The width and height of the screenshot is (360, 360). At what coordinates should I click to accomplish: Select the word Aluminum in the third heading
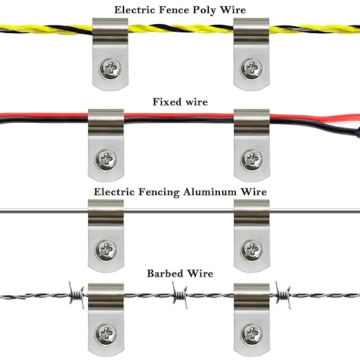(x=210, y=192)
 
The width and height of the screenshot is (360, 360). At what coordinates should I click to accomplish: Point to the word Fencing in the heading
(x=159, y=192)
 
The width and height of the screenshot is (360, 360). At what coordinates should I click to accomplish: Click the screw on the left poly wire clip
(x=110, y=68)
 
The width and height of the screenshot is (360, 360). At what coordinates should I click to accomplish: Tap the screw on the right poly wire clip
(x=252, y=68)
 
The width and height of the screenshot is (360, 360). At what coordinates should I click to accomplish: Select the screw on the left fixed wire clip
(x=106, y=160)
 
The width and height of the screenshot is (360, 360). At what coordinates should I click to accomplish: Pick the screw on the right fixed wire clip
(x=252, y=160)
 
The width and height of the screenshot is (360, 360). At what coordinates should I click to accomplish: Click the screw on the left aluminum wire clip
(x=106, y=250)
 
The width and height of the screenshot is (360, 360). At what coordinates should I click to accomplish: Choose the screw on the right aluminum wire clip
(x=252, y=250)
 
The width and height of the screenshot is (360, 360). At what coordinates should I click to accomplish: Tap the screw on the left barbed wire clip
(x=106, y=334)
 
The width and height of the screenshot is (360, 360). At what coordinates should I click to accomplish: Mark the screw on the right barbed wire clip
(x=252, y=334)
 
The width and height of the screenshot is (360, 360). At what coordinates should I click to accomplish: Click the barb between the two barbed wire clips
(x=180, y=295)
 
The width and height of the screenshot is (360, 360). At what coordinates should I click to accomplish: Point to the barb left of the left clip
(x=77, y=295)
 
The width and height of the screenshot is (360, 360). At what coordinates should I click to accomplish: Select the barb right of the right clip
(x=283, y=295)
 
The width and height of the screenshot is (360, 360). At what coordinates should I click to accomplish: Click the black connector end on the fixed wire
(x=357, y=134)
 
